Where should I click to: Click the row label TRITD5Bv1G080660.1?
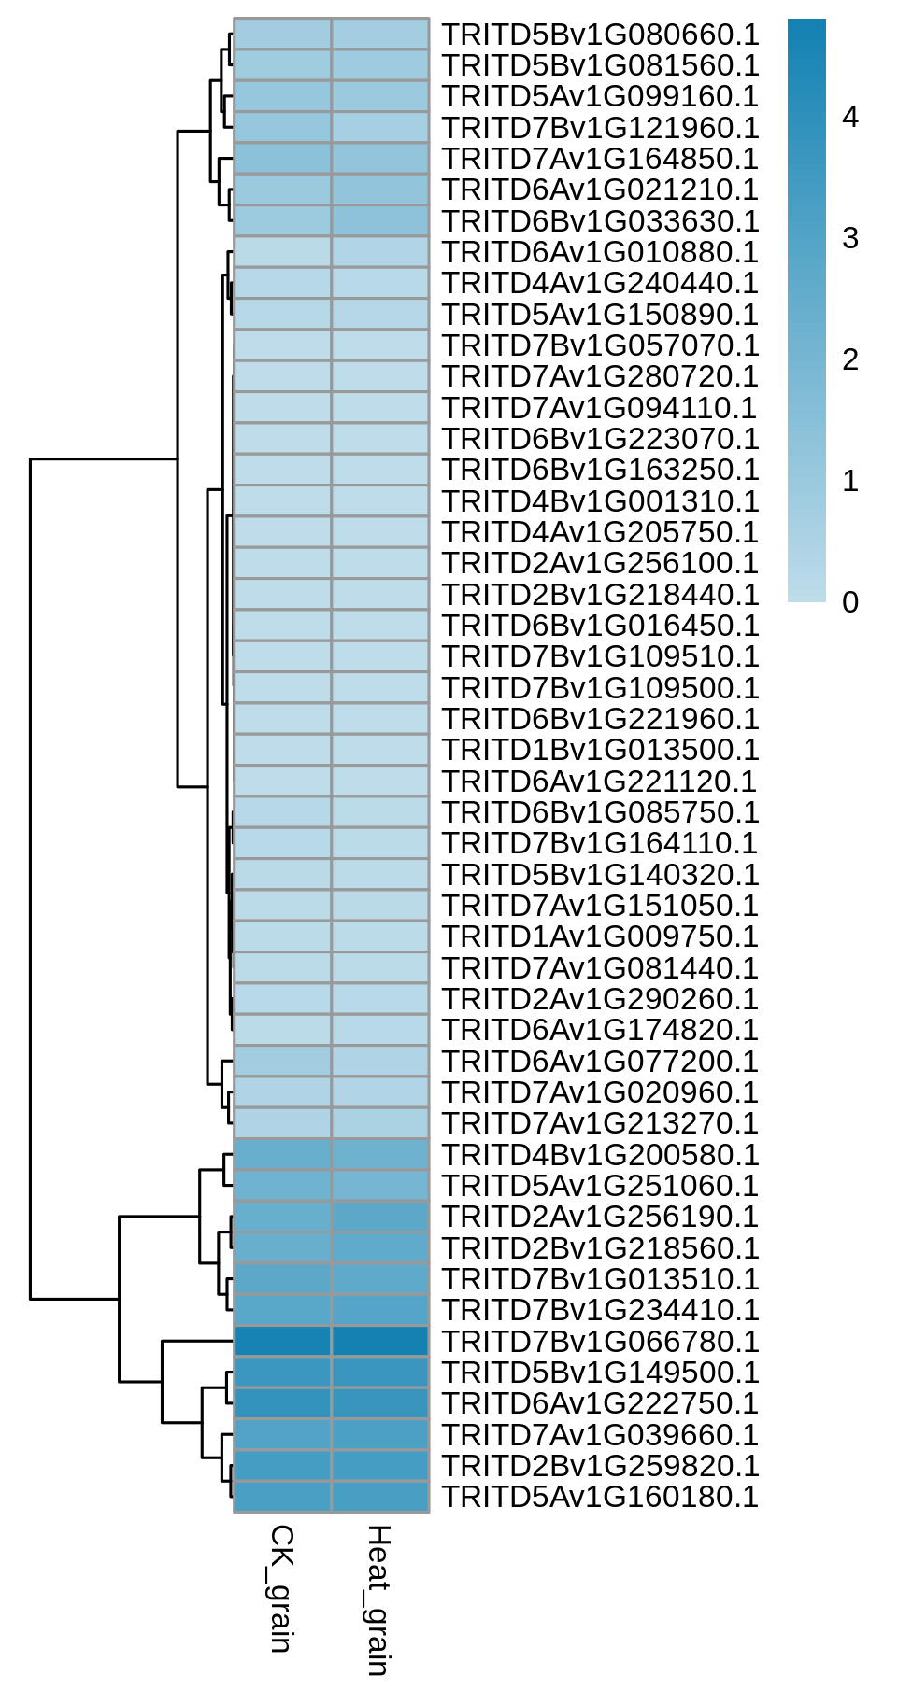(600, 35)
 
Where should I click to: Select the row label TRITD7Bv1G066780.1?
(600, 1342)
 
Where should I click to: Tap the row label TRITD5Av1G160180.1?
(600, 1497)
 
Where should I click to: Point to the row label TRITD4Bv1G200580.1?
(600, 1155)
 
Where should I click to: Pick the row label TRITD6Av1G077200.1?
(600, 1062)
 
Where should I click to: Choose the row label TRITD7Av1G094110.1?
(600, 408)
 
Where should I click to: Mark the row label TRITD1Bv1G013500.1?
(600, 750)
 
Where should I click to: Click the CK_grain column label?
(281, 1588)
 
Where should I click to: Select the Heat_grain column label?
(378, 1600)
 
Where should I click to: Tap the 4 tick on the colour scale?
(850, 117)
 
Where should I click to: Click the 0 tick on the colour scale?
(850, 602)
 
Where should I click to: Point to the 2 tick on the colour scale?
(850, 359)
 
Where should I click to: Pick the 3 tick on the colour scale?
(850, 238)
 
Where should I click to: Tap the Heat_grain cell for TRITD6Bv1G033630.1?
(380, 221)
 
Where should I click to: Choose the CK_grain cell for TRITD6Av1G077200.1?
(282, 1062)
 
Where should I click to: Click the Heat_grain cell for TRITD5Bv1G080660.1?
(380, 35)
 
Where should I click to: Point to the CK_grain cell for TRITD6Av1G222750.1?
(282, 1403)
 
